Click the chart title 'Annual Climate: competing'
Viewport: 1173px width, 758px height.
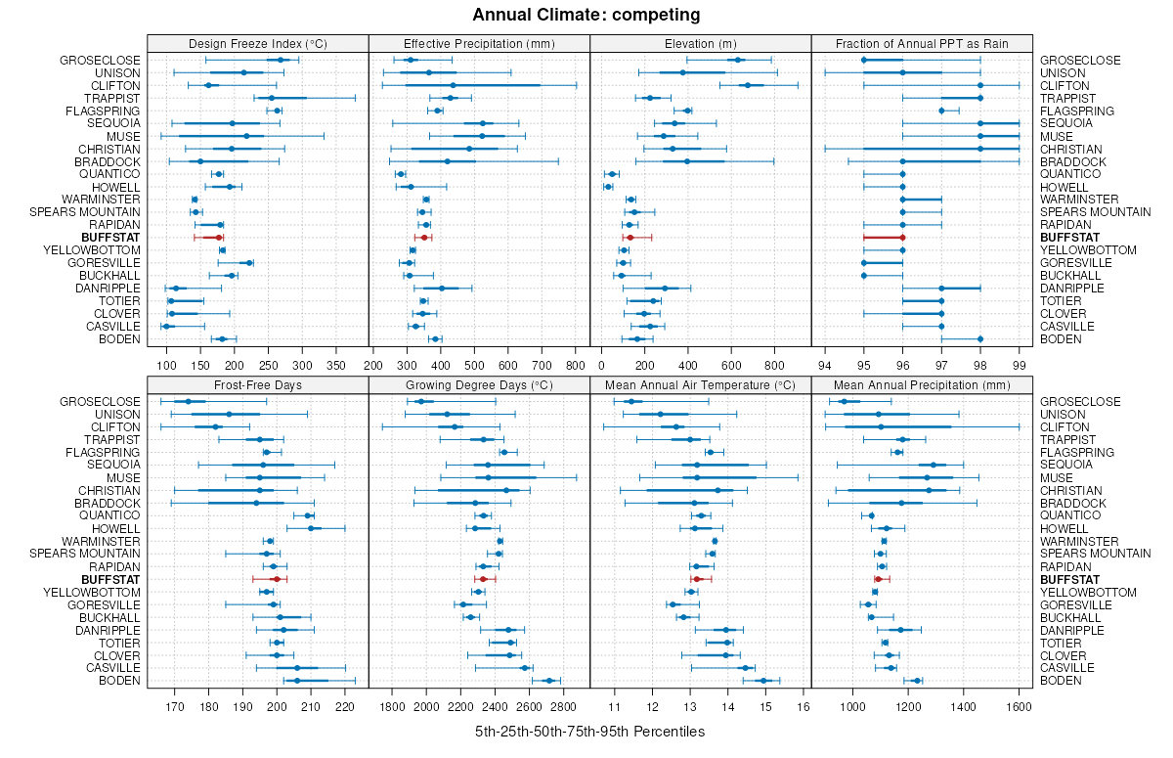(586, 15)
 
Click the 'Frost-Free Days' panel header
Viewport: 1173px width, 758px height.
(258, 384)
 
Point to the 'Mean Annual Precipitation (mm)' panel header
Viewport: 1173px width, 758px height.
(923, 384)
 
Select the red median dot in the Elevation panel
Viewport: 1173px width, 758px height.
(630, 238)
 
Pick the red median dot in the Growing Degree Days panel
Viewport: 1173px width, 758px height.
(483, 579)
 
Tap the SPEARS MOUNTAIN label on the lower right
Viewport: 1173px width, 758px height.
(1081, 554)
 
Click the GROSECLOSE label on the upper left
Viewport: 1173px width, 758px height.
(101, 61)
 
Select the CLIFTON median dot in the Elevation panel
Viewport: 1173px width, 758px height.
(748, 86)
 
